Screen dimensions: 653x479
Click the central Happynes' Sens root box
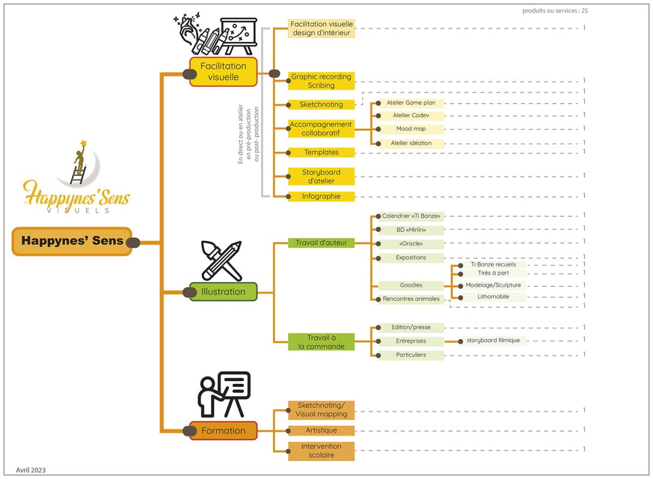[x=72, y=241]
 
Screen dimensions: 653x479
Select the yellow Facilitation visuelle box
[x=223, y=72]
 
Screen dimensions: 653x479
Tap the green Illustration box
[x=223, y=292]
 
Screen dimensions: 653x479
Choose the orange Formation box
[x=223, y=431]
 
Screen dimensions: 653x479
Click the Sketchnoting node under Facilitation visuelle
[x=321, y=105]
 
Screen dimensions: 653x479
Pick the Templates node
[x=321, y=152]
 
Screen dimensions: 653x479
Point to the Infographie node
[x=321, y=196]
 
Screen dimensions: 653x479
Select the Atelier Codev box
[x=411, y=115]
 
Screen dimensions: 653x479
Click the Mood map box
[x=411, y=129]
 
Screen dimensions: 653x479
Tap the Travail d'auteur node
[x=321, y=243]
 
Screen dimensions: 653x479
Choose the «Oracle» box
[x=411, y=244]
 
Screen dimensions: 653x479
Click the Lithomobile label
[x=493, y=297]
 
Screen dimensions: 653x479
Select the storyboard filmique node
[x=493, y=341]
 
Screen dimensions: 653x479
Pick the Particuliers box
[x=411, y=355]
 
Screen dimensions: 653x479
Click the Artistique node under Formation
[x=321, y=431]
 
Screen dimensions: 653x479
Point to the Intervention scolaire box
[x=321, y=451]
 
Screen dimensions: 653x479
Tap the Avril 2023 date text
[x=30, y=470]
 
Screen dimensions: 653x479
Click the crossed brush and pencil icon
[x=221, y=261]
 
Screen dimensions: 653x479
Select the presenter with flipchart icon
[x=224, y=395]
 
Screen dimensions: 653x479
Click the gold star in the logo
[x=84, y=143]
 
